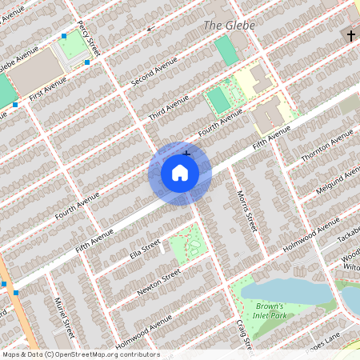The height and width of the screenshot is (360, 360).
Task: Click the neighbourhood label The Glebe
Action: point(229,26)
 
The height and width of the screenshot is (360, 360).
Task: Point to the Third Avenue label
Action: point(169,107)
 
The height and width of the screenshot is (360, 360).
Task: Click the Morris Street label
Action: point(246,211)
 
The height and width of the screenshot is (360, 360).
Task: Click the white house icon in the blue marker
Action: point(179,173)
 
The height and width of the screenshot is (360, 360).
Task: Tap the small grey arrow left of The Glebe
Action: point(150,28)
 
